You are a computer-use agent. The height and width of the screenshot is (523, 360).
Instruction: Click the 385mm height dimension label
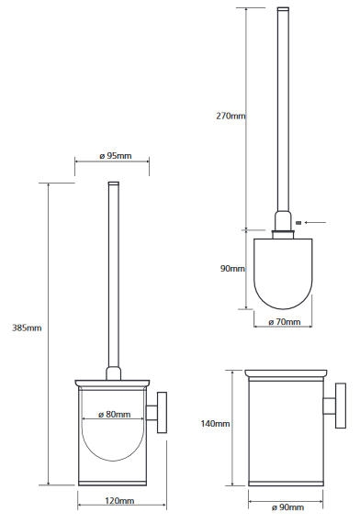tap(27, 328)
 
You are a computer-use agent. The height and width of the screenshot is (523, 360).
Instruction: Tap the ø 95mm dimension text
tap(116, 156)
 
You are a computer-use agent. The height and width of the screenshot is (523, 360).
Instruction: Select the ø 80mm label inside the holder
tap(115, 414)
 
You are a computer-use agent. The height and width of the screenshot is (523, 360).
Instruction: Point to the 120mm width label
tap(119, 501)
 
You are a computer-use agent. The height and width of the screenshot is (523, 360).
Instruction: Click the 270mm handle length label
tap(231, 117)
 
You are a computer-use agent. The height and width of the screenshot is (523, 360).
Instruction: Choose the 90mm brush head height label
tap(232, 268)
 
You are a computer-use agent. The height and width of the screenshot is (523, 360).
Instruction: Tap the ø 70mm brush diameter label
tap(285, 322)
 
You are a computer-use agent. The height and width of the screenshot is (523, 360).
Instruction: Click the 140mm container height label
tap(215, 424)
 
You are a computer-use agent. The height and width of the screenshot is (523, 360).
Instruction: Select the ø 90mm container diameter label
tap(287, 507)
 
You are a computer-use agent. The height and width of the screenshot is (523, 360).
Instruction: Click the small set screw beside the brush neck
tap(298, 222)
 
